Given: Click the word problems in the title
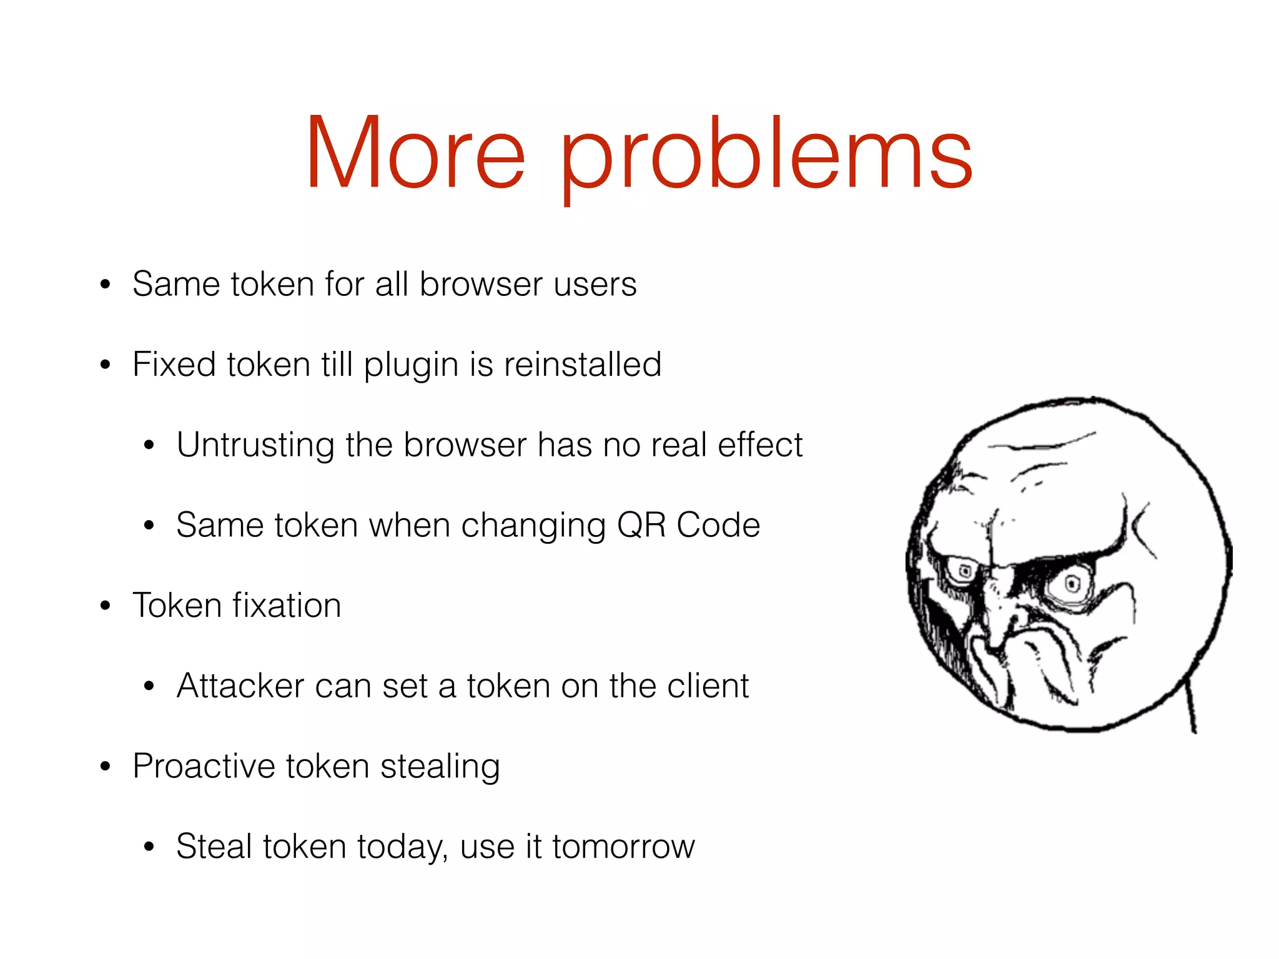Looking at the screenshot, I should point(766,156).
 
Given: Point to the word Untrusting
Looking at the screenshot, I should point(255,445).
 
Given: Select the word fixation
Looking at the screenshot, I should point(287,606).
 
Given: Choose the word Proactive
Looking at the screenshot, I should point(204,766).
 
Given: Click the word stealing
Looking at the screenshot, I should point(440,767).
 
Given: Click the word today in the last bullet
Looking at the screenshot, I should point(403,847).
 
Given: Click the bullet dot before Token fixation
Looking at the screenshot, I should point(105,606).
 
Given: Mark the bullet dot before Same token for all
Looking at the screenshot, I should point(105,285).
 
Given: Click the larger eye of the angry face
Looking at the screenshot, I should point(1072,584).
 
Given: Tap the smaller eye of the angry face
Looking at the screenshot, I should point(964,571).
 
